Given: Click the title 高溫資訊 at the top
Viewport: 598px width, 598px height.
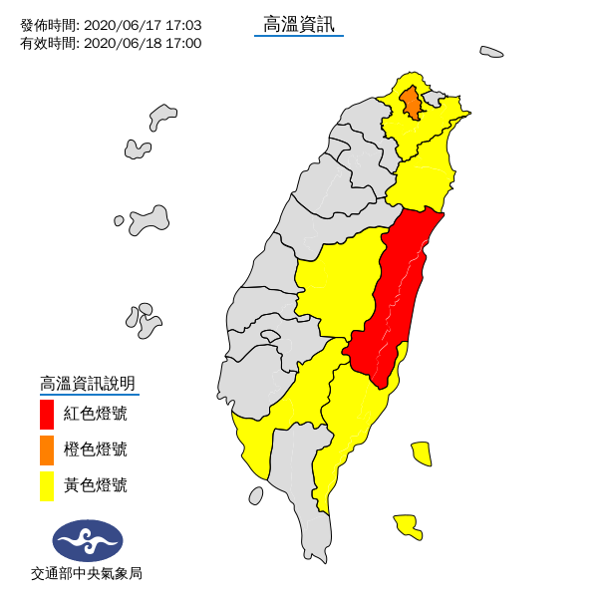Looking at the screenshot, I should tap(299, 23).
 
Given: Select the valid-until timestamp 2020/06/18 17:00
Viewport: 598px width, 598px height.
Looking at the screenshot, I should tap(143, 43).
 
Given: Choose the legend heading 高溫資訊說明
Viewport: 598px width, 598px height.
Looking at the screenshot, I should tap(88, 383).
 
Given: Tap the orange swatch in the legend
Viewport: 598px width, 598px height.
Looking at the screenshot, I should tap(46, 450).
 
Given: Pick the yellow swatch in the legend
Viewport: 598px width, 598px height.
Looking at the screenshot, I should tap(46, 486).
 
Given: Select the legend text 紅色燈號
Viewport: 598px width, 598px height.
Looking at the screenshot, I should tap(96, 414).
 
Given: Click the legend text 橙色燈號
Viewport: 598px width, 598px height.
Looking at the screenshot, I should tap(96, 450).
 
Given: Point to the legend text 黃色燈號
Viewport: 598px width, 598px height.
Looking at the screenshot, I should tap(96, 486).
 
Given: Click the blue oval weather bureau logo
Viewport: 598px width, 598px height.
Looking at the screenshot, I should tap(88, 540).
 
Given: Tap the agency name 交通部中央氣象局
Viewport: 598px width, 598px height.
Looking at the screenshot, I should tap(87, 574).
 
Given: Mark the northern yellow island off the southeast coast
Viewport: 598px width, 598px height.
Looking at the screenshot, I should tap(422, 453).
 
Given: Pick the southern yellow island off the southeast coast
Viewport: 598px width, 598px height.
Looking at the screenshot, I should tap(407, 525).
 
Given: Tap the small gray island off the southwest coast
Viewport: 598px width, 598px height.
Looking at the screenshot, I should tap(256, 495).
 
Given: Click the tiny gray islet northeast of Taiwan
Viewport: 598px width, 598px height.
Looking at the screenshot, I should tap(491, 52).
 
